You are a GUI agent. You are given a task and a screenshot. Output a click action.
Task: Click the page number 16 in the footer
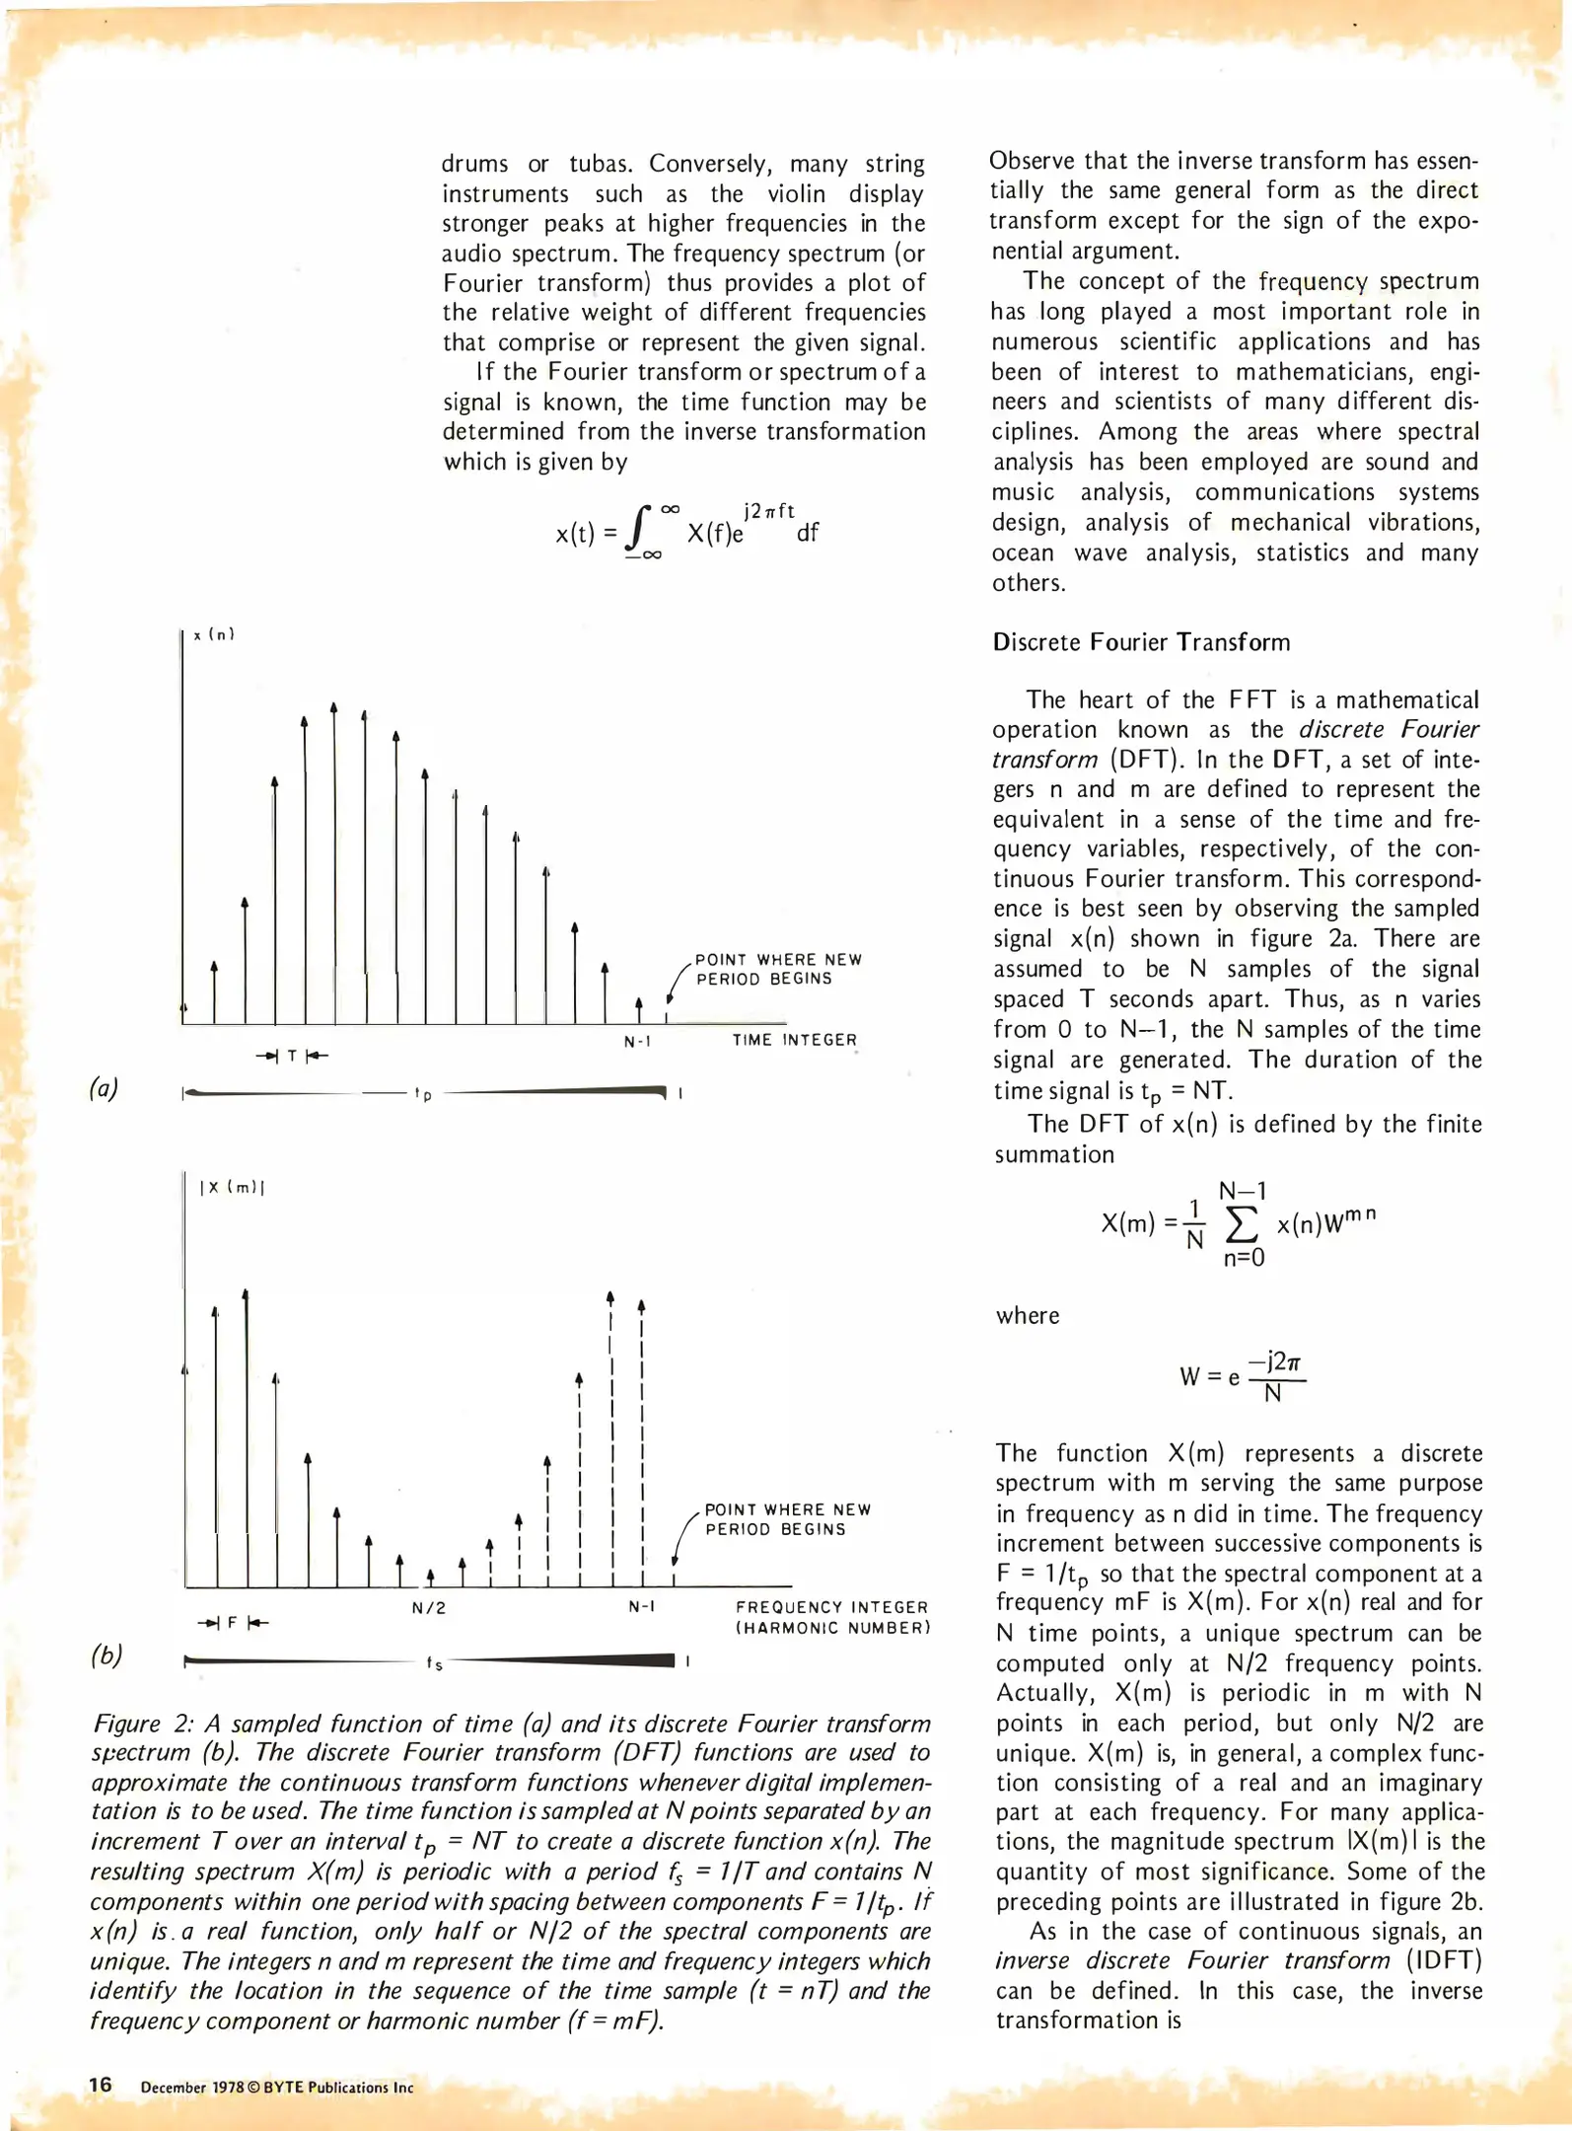[101, 2085]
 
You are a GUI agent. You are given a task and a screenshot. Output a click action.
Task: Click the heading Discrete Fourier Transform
[1141, 642]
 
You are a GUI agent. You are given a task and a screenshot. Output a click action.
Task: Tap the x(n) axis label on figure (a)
[214, 634]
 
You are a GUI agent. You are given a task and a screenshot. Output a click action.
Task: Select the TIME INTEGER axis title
[794, 1040]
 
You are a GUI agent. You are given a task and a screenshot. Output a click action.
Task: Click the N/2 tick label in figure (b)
[429, 1608]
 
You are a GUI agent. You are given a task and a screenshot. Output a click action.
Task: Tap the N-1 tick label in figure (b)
[642, 1607]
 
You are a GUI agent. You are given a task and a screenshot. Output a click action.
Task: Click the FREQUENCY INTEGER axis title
[831, 1607]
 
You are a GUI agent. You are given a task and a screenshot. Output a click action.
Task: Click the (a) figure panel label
[104, 1088]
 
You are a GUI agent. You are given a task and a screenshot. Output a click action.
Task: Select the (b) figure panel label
[107, 1654]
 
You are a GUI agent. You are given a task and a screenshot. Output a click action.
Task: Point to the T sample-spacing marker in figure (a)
[292, 1057]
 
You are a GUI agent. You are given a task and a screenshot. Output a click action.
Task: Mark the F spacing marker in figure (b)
[233, 1623]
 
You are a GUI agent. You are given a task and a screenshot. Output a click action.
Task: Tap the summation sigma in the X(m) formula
[1241, 1224]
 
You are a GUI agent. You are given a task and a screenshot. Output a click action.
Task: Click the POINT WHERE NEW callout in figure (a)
[778, 960]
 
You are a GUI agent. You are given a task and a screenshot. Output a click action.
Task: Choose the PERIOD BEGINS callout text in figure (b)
[775, 1529]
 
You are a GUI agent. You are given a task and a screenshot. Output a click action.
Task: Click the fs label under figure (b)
[434, 1664]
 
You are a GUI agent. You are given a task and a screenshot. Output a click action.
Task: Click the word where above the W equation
[1027, 1316]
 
